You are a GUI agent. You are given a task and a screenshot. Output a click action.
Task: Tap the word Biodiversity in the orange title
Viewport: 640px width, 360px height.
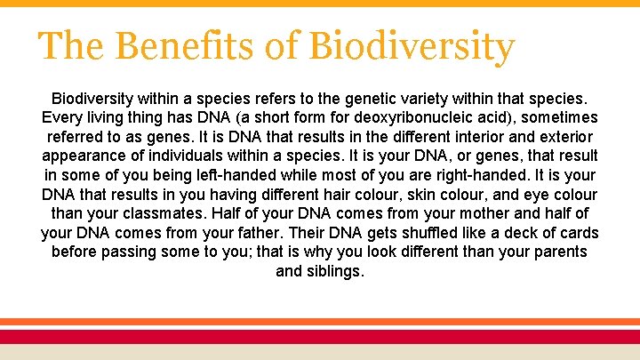412,45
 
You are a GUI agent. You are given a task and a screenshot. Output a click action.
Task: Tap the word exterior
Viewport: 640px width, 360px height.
570,137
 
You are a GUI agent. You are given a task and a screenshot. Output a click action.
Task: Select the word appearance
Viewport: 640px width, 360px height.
84,156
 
